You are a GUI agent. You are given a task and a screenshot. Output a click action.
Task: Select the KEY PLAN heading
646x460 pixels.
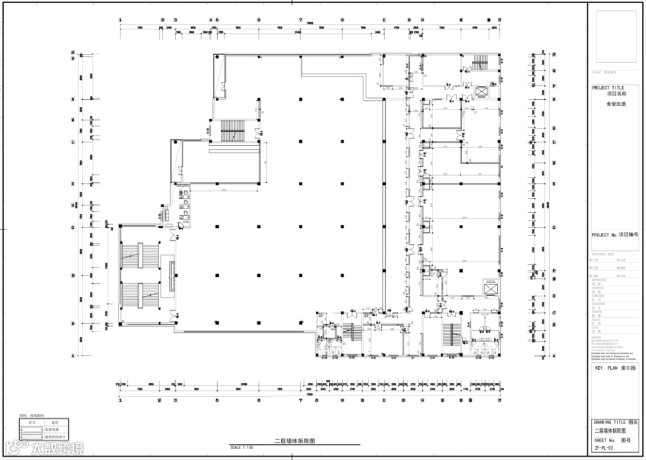click(x=613, y=369)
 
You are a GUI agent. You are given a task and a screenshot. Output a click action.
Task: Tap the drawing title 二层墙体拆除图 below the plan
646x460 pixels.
click(x=294, y=441)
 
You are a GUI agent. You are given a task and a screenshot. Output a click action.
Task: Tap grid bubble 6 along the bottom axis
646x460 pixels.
click(x=259, y=401)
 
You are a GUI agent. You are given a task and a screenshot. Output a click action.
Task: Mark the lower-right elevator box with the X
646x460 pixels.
click(x=490, y=287)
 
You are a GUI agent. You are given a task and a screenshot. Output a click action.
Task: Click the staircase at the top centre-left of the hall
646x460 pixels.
click(x=230, y=130)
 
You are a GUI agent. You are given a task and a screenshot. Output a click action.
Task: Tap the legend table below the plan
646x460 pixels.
click(x=43, y=429)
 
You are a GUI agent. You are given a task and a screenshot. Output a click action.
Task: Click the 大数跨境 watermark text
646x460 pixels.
click(x=57, y=447)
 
